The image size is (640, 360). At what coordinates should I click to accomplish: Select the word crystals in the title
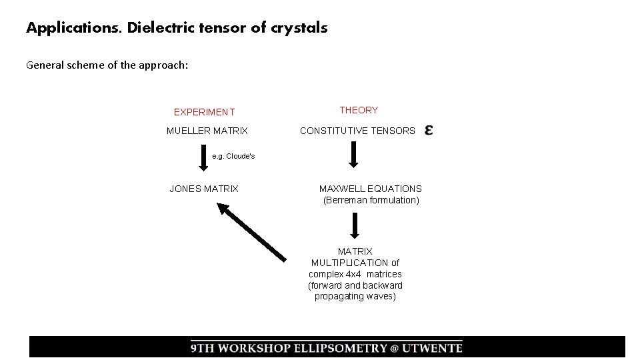299,28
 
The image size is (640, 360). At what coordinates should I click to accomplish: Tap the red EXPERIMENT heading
204,112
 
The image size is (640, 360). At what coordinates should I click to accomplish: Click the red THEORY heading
359,110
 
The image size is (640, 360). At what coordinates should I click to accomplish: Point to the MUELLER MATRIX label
207,131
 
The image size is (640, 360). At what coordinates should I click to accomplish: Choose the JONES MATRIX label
203,189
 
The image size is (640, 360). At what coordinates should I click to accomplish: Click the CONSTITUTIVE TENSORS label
357,131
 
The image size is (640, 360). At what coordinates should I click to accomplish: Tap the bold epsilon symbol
429,130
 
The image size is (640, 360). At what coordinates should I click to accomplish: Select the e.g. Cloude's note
233,156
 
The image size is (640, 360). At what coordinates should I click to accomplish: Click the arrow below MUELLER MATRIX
203,159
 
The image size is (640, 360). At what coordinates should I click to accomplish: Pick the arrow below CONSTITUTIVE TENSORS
354,155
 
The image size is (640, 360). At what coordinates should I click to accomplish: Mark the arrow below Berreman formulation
355,225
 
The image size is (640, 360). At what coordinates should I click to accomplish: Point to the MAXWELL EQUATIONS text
371,189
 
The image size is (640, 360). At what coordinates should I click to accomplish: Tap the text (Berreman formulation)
371,200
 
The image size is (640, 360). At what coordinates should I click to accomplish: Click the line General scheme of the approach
107,65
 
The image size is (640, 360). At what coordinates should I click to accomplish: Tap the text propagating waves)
355,297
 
